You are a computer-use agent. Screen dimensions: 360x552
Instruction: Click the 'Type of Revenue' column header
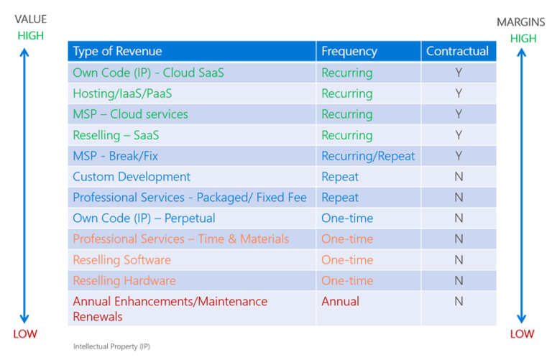[x=117, y=51]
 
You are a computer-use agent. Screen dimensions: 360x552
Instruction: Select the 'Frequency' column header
[x=349, y=51]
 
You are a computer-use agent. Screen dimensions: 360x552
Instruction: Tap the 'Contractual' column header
[x=457, y=51]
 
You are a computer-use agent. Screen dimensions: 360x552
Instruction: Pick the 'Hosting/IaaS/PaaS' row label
[x=122, y=93]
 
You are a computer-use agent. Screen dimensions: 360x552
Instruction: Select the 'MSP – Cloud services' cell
[x=130, y=114]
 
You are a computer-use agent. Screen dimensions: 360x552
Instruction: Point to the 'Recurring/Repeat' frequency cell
[x=368, y=156]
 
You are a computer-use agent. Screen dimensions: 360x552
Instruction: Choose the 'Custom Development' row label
[x=132, y=177]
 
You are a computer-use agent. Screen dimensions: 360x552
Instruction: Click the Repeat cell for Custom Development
[x=340, y=177]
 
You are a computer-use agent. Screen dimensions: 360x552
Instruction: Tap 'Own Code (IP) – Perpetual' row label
[x=144, y=218]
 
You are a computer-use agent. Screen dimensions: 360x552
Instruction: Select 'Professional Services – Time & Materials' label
[x=180, y=239]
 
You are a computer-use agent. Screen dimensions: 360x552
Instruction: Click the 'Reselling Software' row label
[x=121, y=259]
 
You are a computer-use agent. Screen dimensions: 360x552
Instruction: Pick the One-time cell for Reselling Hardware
[x=347, y=280]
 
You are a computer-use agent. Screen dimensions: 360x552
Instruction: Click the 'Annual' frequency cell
[x=340, y=301]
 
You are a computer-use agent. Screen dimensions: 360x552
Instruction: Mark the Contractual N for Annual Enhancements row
[x=459, y=301]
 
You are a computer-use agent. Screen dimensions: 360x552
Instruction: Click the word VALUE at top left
[x=30, y=19]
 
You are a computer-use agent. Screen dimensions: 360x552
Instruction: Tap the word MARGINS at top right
[x=521, y=22]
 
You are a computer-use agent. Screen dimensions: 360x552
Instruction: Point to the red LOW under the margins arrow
[x=522, y=333]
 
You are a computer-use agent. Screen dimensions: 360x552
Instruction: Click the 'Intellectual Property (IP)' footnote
[x=111, y=346]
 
